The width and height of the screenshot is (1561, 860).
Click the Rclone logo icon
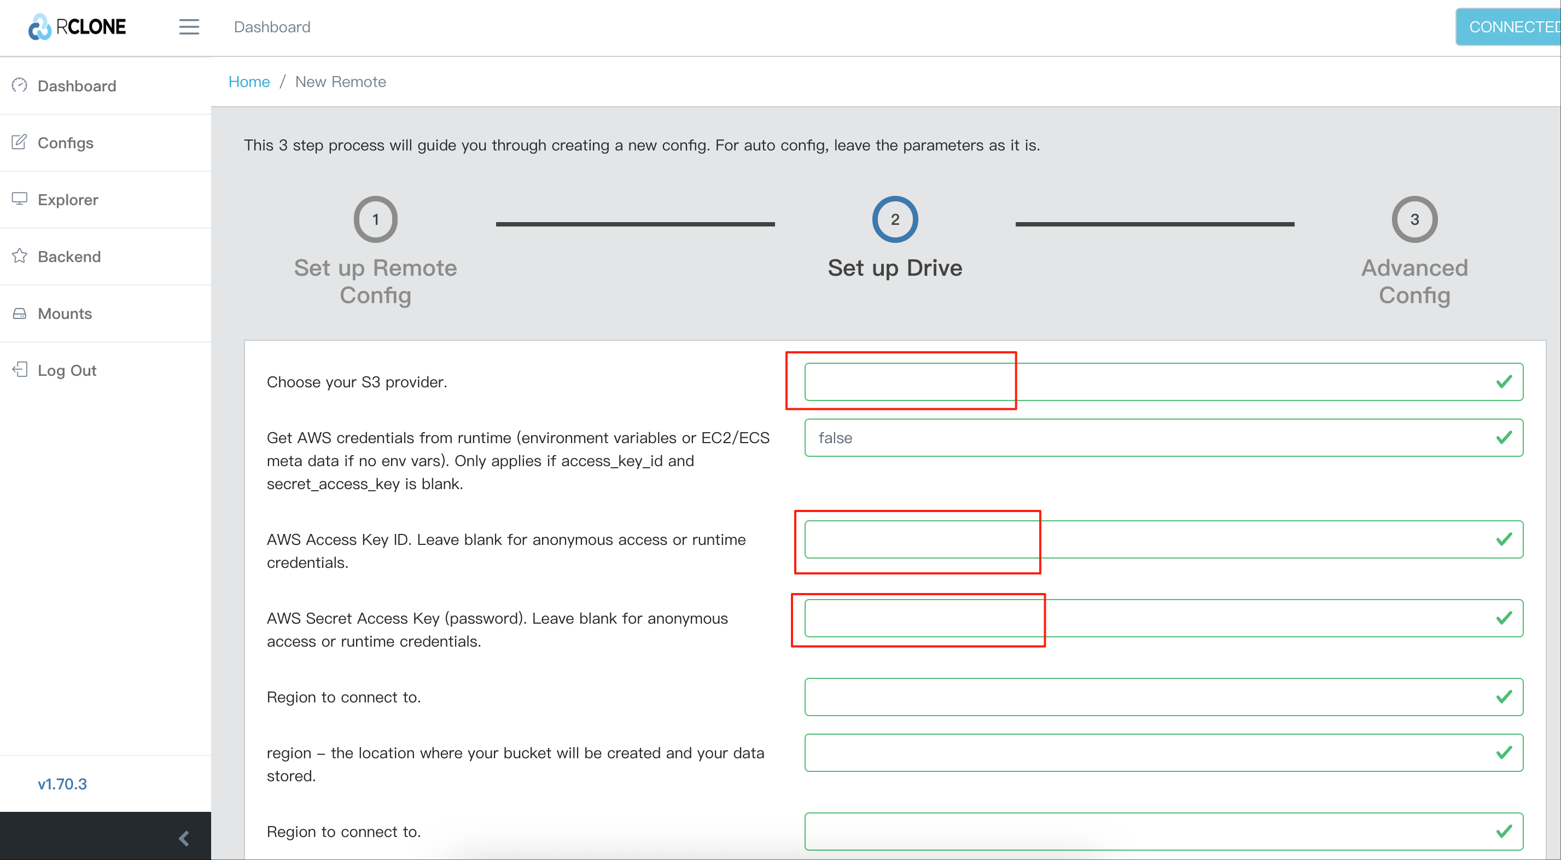[x=40, y=27]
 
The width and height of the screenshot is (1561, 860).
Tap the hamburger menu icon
[x=189, y=27]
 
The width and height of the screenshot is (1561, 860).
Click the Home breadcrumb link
[x=249, y=82]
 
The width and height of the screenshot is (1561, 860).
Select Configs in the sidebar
[x=66, y=143]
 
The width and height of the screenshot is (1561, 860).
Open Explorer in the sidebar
[x=68, y=200]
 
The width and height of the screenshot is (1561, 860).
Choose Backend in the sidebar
[x=69, y=257]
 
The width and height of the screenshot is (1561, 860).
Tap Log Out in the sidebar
[x=67, y=371]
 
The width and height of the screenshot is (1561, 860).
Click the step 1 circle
[x=376, y=219]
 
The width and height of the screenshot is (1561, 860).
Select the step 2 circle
[x=895, y=219]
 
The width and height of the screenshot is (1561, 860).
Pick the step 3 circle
[x=1414, y=219]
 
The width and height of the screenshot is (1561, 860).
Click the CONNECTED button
[x=1508, y=27]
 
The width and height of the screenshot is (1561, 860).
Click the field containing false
[x=1163, y=438]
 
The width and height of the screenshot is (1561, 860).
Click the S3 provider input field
[x=1163, y=382]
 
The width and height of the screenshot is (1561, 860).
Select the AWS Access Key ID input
[x=1163, y=539]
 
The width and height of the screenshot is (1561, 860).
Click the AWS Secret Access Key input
[x=1163, y=618]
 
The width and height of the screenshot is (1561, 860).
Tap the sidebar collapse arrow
[x=184, y=838]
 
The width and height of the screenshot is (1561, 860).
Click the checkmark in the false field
[x=1504, y=438]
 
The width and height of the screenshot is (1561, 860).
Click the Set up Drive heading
[x=895, y=268]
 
